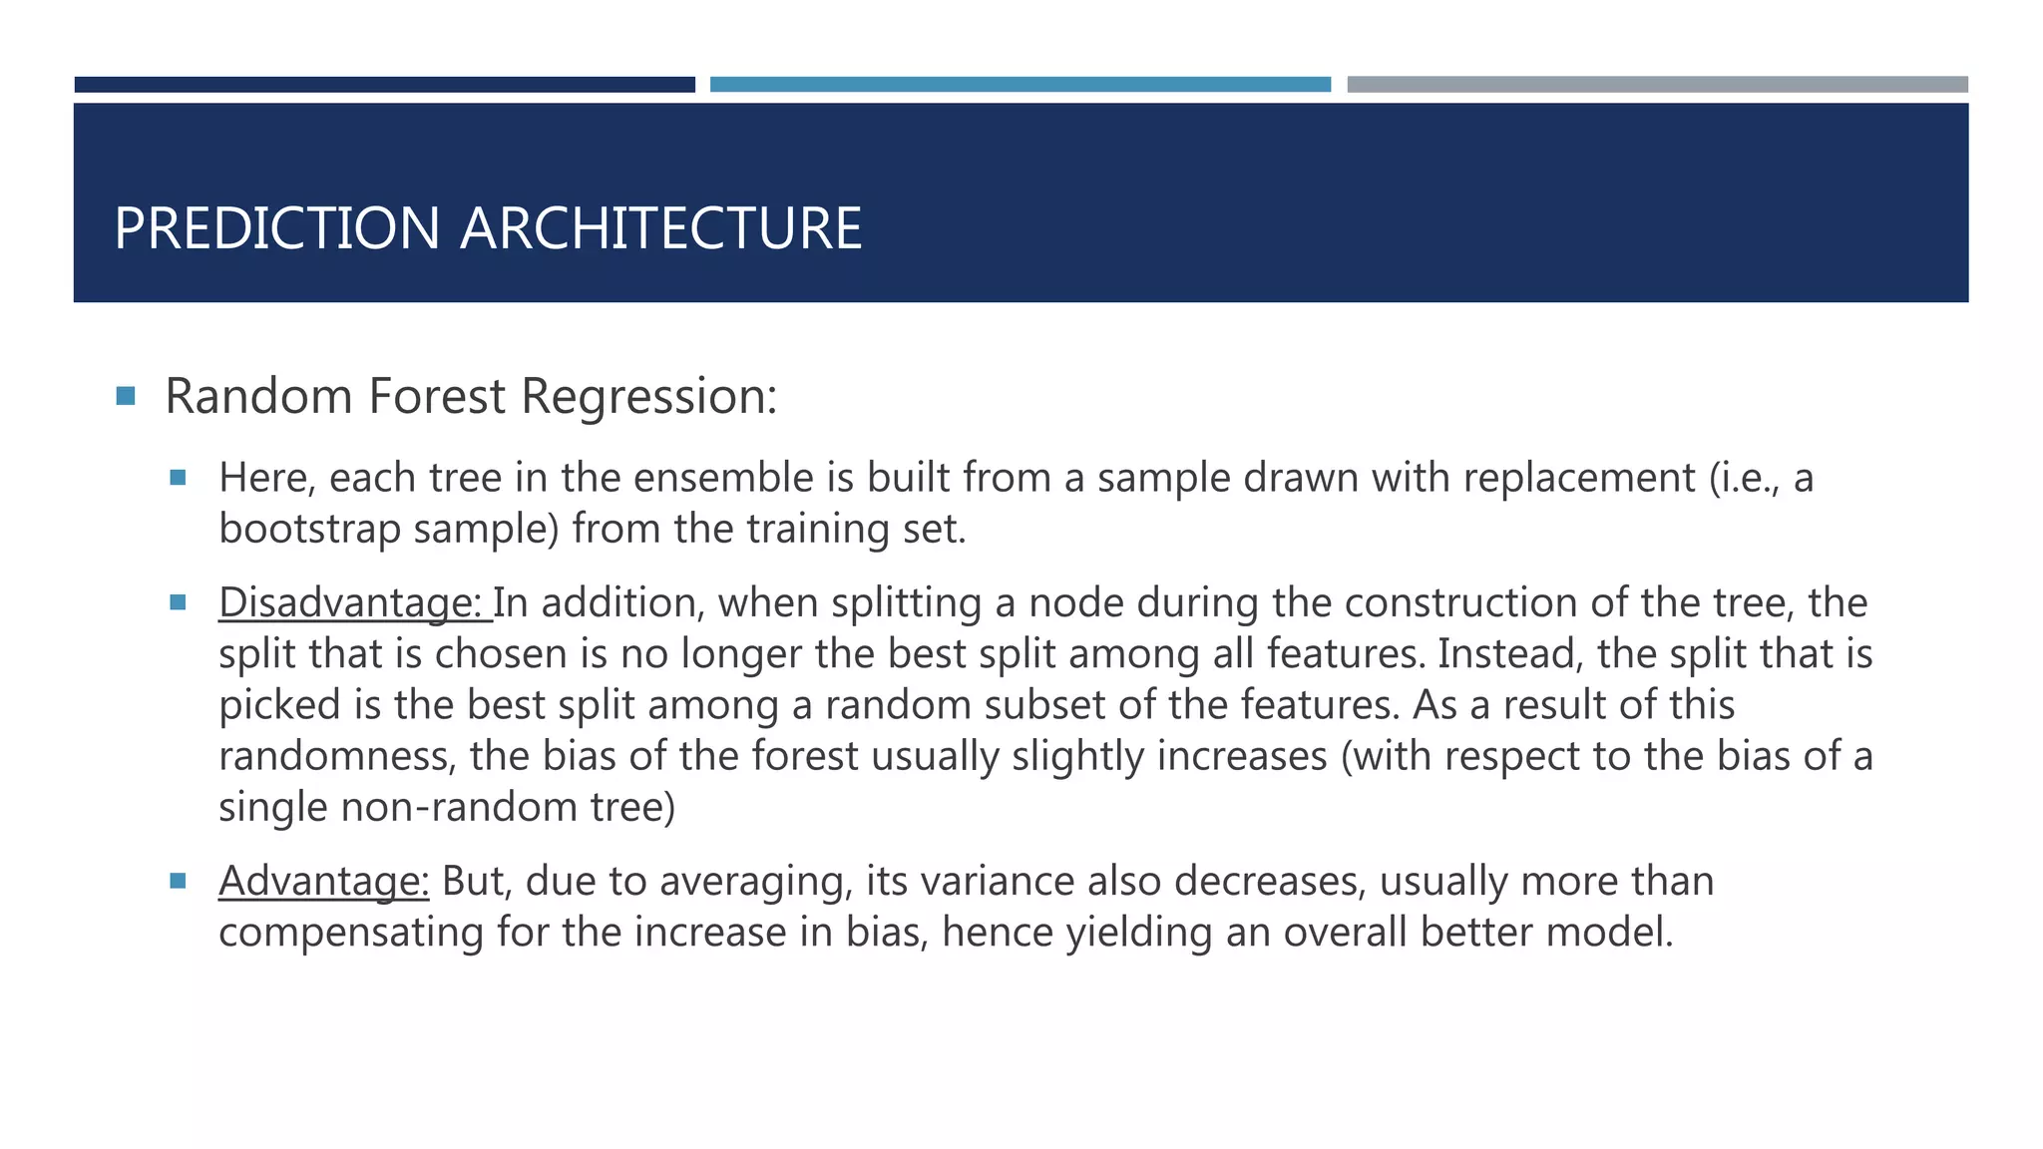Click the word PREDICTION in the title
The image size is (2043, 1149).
(x=276, y=228)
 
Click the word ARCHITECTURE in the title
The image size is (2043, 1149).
(x=660, y=228)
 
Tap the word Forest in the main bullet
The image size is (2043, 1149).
(x=437, y=396)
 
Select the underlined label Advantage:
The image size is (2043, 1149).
(x=323, y=881)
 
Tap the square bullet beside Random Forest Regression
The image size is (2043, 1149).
(x=126, y=396)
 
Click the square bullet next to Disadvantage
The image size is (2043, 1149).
(x=179, y=602)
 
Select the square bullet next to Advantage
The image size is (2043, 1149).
(x=179, y=881)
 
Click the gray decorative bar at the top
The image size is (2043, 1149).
(x=1657, y=85)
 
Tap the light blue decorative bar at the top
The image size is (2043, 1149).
(x=1020, y=85)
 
